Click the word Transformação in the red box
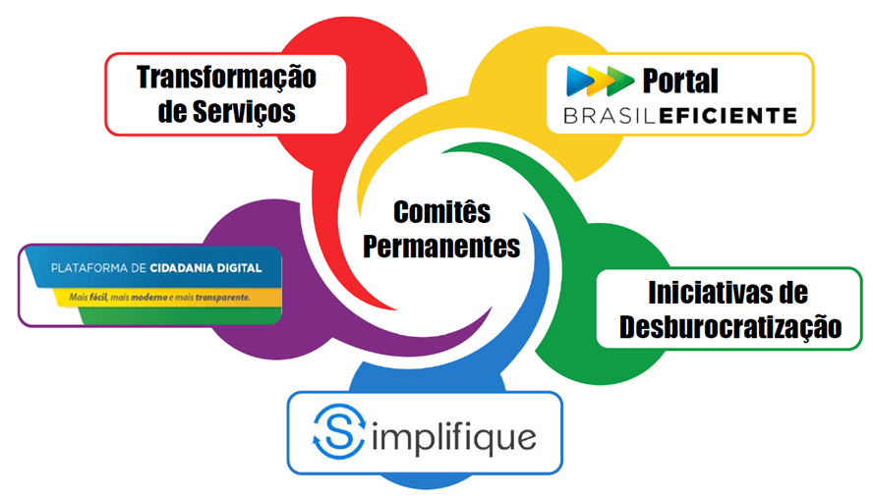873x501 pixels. click(226, 77)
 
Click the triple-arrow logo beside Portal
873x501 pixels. click(601, 80)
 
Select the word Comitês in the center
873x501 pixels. click(441, 211)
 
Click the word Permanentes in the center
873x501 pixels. click(441, 246)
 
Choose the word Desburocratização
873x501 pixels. click(730, 327)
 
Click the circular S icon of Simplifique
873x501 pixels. click(336, 432)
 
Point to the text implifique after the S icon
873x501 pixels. click(451, 434)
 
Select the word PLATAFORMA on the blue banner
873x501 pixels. click(88, 268)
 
